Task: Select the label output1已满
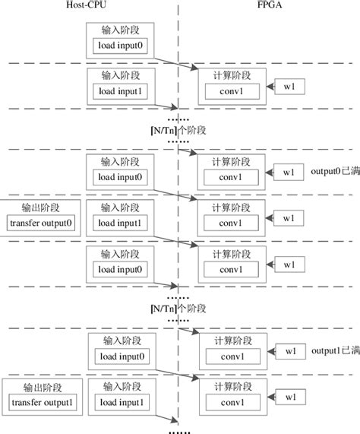(x=336, y=350)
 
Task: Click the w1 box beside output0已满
(x=289, y=173)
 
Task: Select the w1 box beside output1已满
(x=290, y=351)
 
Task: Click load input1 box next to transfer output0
(x=122, y=223)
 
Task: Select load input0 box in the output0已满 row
(x=122, y=177)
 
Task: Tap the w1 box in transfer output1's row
(x=290, y=396)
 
